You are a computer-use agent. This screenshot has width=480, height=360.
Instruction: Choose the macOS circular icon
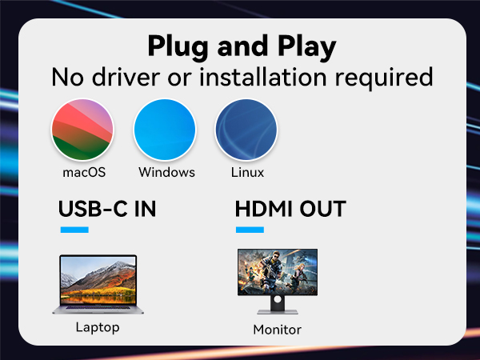(x=82, y=129)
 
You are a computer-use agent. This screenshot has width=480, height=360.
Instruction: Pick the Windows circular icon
(x=165, y=129)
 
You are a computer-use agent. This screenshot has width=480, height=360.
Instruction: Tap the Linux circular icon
(x=246, y=129)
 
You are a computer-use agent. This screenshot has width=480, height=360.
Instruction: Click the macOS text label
(x=83, y=172)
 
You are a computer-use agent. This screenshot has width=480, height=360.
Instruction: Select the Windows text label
(x=166, y=172)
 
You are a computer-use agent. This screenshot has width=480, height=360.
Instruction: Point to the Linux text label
(x=246, y=172)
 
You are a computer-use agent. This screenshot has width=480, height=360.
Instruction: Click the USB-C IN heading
(x=107, y=210)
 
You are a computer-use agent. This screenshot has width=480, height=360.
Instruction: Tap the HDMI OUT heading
(x=290, y=210)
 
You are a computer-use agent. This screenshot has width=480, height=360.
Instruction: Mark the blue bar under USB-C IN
(x=74, y=230)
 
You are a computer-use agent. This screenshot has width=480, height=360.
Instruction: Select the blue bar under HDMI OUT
(x=250, y=230)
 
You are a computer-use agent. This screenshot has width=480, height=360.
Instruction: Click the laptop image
(x=98, y=284)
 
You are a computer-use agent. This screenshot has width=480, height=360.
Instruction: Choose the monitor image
(x=277, y=276)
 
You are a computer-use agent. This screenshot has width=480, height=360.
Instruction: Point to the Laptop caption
(x=98, y=326)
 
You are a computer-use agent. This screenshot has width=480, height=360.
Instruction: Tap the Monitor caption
(x=277, y=330)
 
